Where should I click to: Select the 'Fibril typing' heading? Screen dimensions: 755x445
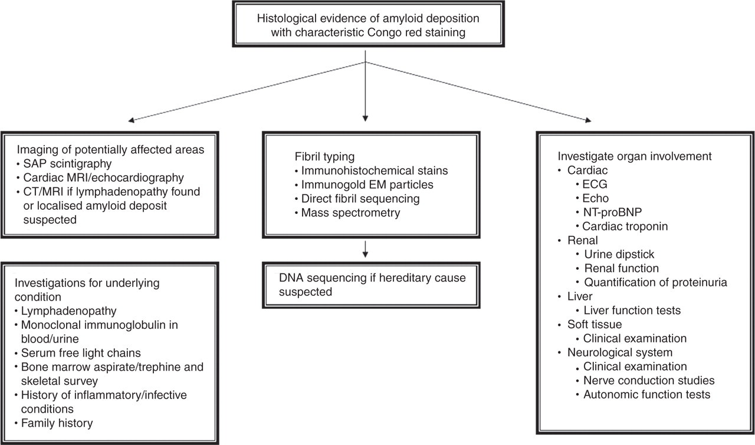324,157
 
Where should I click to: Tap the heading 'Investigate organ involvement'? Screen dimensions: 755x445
635,156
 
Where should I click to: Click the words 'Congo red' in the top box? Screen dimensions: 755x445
396,32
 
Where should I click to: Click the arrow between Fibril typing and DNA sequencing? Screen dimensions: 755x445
365,249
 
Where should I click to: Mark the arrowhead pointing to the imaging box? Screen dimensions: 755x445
132,120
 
